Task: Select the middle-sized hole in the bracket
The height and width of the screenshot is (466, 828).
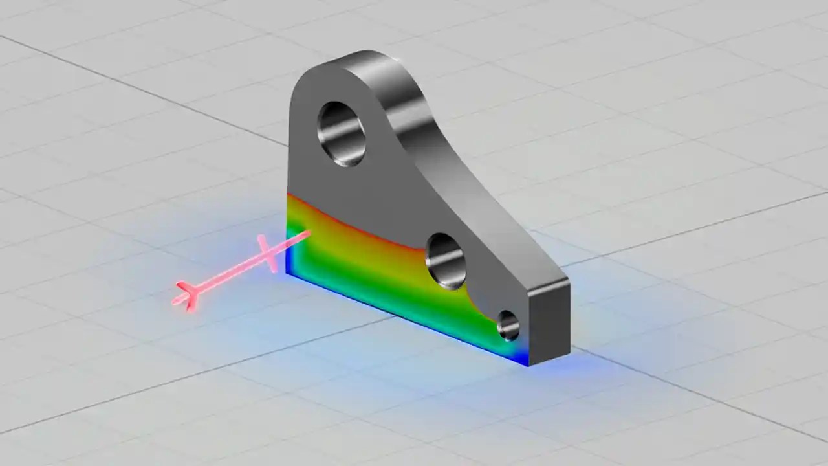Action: click(x=446, y=261)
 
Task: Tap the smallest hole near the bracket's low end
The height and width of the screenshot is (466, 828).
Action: click(x=508, y=325)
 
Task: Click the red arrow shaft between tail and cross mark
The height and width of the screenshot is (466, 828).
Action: click(x=226, y=275)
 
